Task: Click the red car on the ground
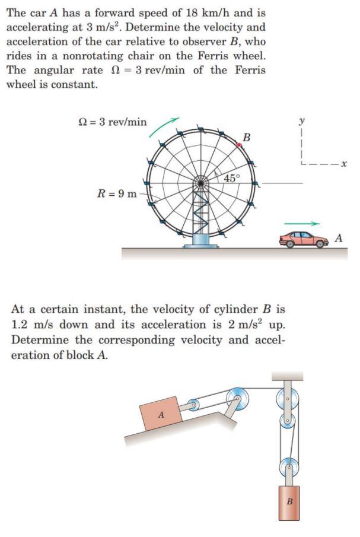(x=303, y=239)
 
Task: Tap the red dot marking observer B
(x=240, y=144)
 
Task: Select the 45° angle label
(x=232, y=178)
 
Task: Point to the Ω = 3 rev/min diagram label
(x=113, y=122)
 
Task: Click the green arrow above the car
(x=302, y=224)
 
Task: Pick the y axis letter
(x=302, y=121)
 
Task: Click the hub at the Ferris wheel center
(x=202, y=183)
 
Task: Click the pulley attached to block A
(x=193, y=406)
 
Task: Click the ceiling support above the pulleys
(x=287, y=376)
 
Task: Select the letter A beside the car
(x=339, y=238)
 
